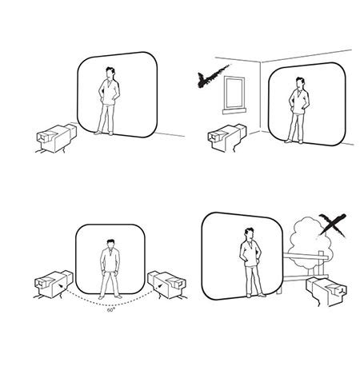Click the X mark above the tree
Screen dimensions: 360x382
point(333,225)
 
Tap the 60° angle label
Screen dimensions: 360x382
point(111,310)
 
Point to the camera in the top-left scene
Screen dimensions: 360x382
point(56,138)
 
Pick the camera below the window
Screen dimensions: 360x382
point(226,137)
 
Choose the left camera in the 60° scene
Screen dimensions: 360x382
point(54,285)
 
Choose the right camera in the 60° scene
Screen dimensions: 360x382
point(167,285)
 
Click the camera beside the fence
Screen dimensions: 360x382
point(326,291)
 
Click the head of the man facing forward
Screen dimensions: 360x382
point(110,244)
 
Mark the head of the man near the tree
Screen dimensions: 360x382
point(249,234)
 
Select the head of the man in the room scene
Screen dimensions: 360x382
point(300,83)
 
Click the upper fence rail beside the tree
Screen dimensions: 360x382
point(305,256)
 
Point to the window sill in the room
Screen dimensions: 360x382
point(234,111)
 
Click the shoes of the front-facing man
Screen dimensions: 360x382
point(110,296)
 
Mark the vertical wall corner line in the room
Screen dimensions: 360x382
point(261,97)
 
